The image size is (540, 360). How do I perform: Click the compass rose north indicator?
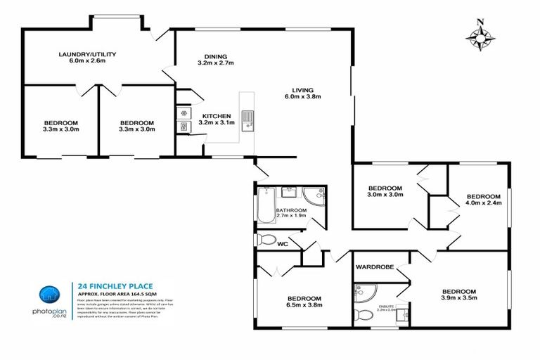point(480,37)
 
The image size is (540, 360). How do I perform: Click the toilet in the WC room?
point(266,240)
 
